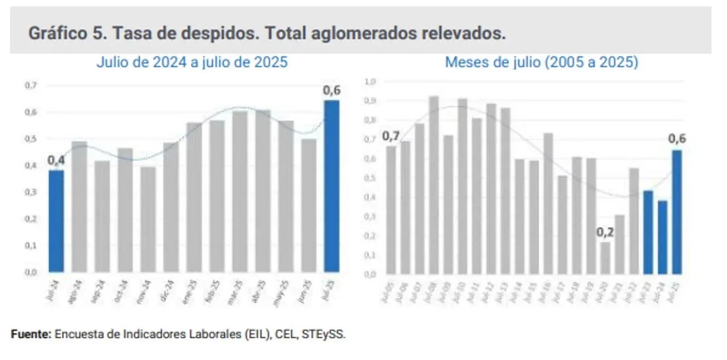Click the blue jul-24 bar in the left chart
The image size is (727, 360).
(x=56, y=221)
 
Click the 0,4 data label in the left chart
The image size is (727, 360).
(x=56, y=161)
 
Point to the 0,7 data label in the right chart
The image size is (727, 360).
(x=391, y=136)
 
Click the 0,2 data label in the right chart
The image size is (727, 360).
(x=605, y=232)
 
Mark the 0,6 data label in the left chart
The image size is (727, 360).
(x=332, y=90)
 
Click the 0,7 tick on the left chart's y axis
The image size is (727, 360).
(x=30, y=86)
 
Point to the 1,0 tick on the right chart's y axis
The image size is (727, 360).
(x=370, y=82)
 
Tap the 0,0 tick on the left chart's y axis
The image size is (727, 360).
(x=30, y=272)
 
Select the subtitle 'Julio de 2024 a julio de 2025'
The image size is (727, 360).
(x=191, y=62)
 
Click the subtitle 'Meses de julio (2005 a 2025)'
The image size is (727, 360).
(x=541, y=62)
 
